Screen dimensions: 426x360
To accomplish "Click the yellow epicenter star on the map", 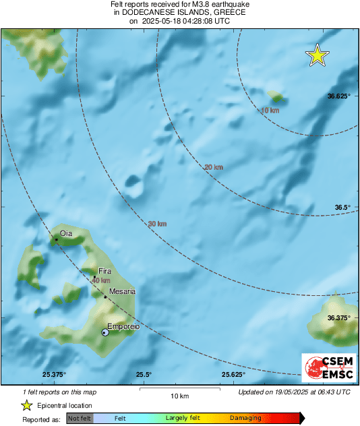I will point(317,56).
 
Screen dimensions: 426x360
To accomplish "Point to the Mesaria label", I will point(122,291).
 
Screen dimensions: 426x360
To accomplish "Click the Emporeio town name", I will point(123,326).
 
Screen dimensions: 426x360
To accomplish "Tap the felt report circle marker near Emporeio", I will point(104,332).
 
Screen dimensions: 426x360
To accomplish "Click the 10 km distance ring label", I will point(270,110).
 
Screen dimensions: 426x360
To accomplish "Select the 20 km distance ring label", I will point(213,166).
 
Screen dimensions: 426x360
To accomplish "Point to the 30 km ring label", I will point(157,223).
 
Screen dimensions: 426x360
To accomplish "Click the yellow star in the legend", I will point(26,406).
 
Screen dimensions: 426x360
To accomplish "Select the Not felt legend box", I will point(80,419).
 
